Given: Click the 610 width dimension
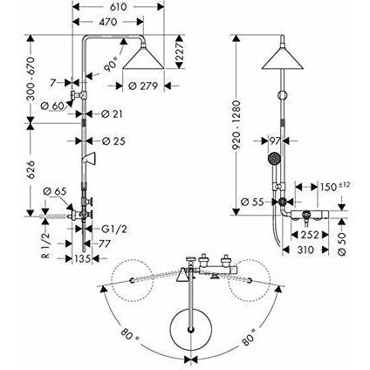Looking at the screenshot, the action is pyautogui.click(x=119, y=7).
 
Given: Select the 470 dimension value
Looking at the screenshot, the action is pyautogui.click(x=107, y=22).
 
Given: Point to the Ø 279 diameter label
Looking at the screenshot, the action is pyautogui.click(x=143, y=86).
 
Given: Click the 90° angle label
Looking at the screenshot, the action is pyautogui.click(x=111, y=65).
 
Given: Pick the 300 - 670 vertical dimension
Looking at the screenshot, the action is pyautogui.click(x=31, y=79).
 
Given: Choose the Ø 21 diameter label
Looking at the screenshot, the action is pyautogui.click(x=112, y=114).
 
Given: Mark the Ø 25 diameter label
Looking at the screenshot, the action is pyautogui.click(x=113, y=141).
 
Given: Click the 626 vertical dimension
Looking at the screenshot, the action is pyautogui.click(x=31, y=169).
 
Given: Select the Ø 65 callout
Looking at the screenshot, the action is pyautogui.click(x=55, y=192).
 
